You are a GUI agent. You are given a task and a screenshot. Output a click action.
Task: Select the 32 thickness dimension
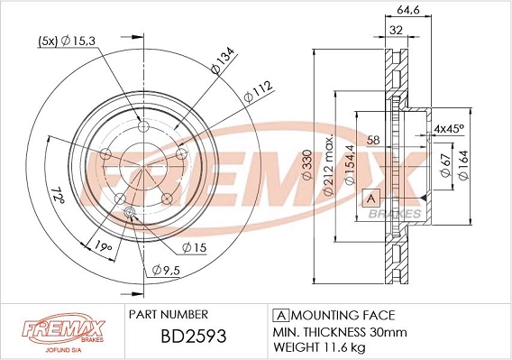[x=394, y=30]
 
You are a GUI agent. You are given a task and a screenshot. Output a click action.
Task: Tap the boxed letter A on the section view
[x=370, y=198]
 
